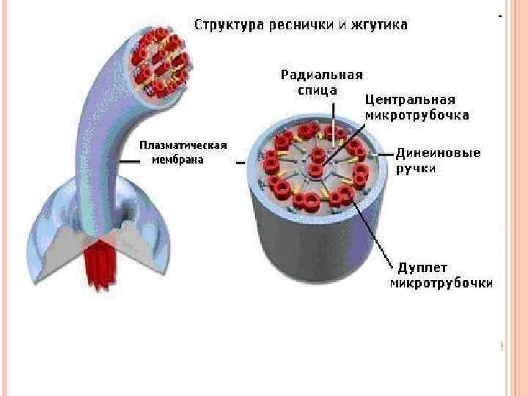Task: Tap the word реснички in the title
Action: coord(296,26)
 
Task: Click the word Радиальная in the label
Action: coord(322,75)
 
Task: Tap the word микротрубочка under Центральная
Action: coord(417,115)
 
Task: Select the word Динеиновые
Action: coord(438,154)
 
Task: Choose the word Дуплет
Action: coord(422,268)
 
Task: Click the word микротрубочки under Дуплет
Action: coord(441,282)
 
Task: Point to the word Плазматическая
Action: coord(183,145)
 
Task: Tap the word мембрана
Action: coord(177,159)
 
